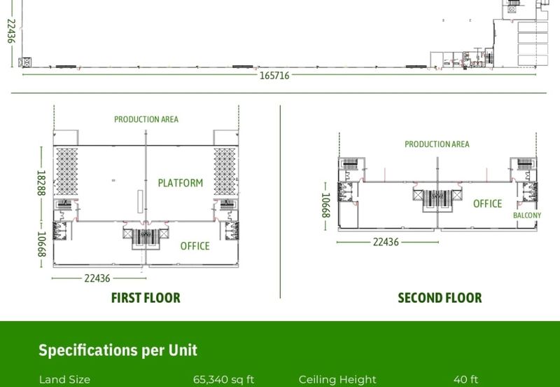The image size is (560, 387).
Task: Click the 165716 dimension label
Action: [x=274, y=76]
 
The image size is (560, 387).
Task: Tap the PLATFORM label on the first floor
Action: [x=181, y=183]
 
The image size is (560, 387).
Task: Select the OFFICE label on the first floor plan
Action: [x=195, y=245]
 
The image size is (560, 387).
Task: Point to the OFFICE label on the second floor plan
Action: [x=487, y=203]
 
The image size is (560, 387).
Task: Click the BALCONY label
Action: [x=527, y=215]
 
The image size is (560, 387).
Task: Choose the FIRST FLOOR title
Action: [x=146, y=297]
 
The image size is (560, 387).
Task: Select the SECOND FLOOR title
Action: [x=440, y=297]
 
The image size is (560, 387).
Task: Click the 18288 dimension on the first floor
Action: [x=41, y=183]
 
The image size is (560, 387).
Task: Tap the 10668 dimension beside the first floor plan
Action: [x=41, y=244]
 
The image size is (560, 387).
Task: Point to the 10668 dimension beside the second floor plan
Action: [x=325, y=205]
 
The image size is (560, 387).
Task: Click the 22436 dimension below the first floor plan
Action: [x=97, y=278]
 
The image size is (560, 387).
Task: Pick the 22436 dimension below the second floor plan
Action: [x=386, y=242]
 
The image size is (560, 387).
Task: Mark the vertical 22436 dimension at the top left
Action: [x=11, y=31]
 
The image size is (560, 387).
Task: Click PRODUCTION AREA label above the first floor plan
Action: [x=146, y=119]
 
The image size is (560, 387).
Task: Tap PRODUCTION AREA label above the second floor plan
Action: [x=437, y=144]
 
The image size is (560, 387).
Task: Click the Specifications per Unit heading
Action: [x=118, y=350]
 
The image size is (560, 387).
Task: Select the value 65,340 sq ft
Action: [x=223, y=379]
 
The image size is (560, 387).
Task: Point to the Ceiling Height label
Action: [x=337, y=380]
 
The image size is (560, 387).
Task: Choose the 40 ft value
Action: [x=465, y=379]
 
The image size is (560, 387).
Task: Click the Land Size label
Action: [x=64, y=379]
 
